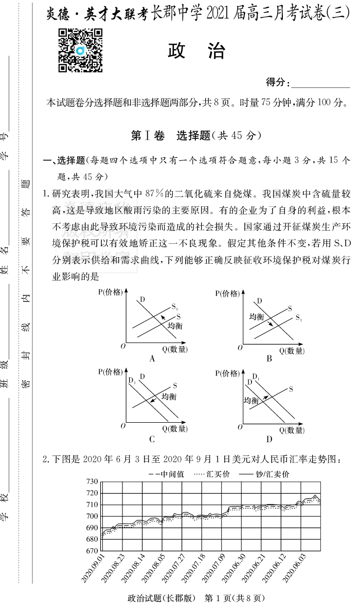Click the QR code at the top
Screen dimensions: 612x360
(x=80, y=50)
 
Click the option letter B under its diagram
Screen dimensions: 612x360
(x=269, y=358)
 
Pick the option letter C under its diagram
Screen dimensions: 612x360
(x=152, y=439)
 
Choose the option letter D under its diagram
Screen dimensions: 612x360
(x=269, y=439)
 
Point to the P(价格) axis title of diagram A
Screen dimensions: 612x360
(x=111, y=293)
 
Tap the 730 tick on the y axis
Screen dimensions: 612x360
(x=92, y=482)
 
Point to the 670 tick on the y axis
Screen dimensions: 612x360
(x=92, y=551)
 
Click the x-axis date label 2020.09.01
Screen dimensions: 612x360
(x=94, y=568)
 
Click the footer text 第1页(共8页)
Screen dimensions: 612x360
(x=235, y=598)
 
